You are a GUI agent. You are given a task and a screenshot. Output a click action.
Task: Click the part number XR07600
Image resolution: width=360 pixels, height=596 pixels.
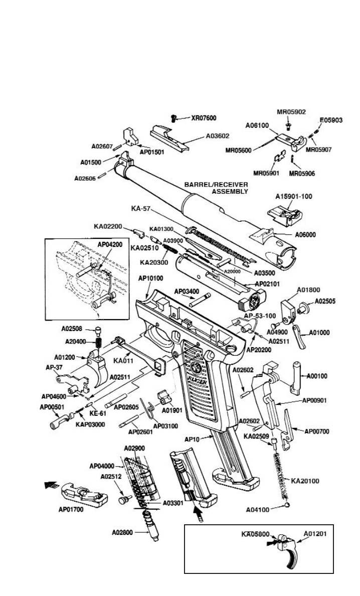click(x=204, y=118)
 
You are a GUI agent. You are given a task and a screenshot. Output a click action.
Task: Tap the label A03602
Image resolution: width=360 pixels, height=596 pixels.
click(x=219, y=135)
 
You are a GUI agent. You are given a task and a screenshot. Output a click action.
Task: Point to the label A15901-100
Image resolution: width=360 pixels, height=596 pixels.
click(x=293, y=196)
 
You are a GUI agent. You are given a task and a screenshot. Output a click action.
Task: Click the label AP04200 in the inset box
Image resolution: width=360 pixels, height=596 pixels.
click(x=110, y=244)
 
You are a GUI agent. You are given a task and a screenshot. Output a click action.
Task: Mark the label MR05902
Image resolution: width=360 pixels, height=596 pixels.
click(x=291, y=111)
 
